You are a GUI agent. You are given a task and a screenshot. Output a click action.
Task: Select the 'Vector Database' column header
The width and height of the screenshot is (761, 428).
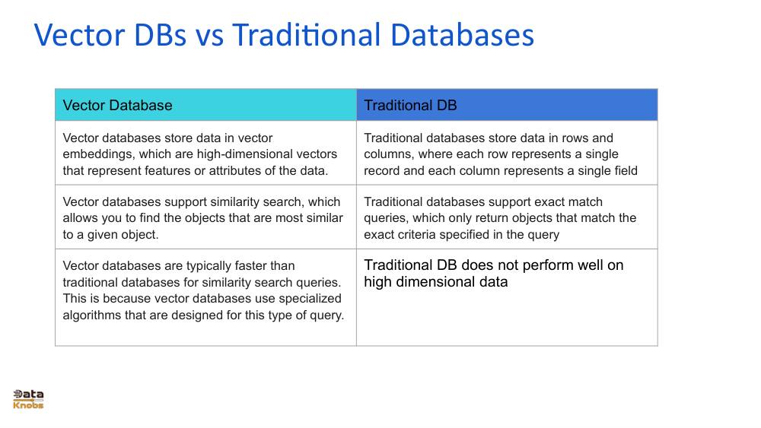point(117,106)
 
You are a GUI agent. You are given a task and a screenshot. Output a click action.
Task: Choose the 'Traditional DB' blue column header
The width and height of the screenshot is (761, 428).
point(410,106)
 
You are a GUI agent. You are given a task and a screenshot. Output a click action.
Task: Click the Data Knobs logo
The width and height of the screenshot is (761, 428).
point(28,399)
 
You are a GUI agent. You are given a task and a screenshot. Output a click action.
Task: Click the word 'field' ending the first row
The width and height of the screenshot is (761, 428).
point(623,170)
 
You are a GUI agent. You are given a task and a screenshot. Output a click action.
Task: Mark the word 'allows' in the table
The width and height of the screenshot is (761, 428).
point(81,218)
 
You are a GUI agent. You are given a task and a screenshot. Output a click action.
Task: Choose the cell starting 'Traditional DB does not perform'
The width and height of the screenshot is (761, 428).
point(506,297)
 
